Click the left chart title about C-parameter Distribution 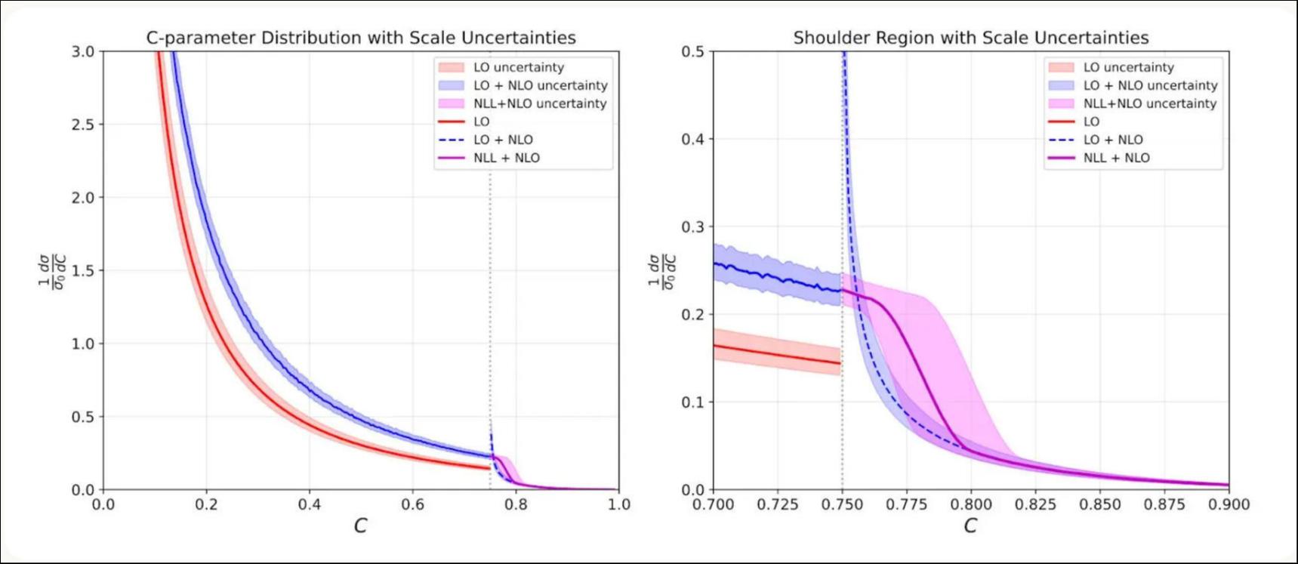coord(361,38)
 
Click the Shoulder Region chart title coord(970,38)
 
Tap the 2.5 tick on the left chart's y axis coord(83,125)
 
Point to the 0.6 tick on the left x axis coord(412,504)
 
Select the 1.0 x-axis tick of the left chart coord(618,504)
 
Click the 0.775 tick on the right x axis coord(906,504)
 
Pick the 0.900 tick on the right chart coord(1229,504)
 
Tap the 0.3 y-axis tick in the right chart coord(692,227)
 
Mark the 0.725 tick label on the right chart coord(778,504)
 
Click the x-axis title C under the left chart coord(360,525)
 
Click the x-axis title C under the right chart coord(970,525)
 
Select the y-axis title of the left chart coord(53,271)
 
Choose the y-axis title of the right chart coord(662,271)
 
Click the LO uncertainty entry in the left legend coord(518,67)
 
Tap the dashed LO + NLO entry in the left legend coord(503,140)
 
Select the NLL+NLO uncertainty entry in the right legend coord(1149,103)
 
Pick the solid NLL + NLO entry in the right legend coord(1116,158)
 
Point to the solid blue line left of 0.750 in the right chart coord(778,277)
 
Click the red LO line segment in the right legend coord(1061,122)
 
